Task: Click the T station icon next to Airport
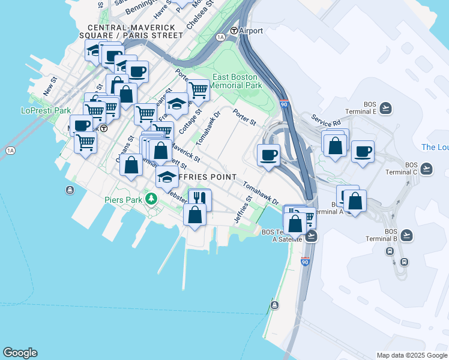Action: (x=234, y=31)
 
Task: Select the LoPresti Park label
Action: (x=46, y=110)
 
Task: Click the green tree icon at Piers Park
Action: (x=152, y=199)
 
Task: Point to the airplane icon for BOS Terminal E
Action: (x=385, y=109)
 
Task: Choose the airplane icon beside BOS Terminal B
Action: (x=407, y=235)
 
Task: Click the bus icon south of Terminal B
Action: (x=405, y=262)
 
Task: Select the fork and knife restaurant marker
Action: (x=200, y=199)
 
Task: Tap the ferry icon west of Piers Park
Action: (x=71, y=190)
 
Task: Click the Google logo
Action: (x=20, y=353)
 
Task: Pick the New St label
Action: (x=50, y=86)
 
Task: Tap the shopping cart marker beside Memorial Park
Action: (x=198, y=90)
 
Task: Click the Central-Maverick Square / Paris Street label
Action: (x=135, y=31)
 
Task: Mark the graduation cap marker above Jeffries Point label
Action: (x=167, y=176)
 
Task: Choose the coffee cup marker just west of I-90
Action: (x=268, y=154)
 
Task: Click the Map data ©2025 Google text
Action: (x=411, y=355)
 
